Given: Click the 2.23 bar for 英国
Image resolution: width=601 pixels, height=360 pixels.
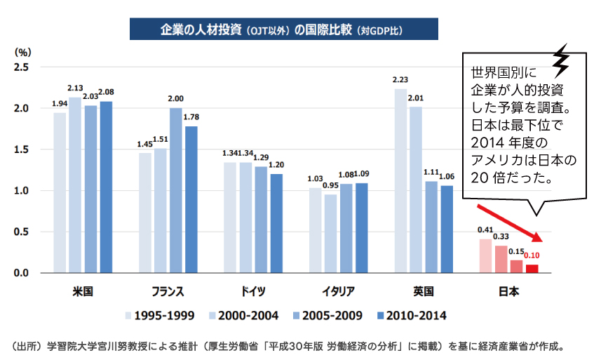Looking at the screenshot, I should tap(400, 181).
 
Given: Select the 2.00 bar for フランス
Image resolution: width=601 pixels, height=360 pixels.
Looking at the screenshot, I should tap(175, 190).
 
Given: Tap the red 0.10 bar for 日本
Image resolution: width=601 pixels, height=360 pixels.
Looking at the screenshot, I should tap(532, 268).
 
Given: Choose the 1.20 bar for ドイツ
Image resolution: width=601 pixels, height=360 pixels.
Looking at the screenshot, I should tap(276, 223).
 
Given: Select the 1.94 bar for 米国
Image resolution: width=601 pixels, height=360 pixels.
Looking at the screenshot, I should tap(60, 192).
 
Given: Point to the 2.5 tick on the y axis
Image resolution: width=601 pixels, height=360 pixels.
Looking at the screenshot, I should tap(21, 67).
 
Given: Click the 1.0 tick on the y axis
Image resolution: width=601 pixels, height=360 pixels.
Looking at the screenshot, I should tap(21, 191).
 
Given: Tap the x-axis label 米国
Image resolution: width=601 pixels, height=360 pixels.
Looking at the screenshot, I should tap(83, 291).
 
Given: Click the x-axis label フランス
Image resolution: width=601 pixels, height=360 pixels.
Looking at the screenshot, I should tap(168, 291).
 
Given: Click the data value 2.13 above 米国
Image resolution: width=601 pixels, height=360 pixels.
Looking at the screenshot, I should tap(75, 88).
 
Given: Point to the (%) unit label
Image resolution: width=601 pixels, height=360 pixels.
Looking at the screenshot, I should tap(23, 52).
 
